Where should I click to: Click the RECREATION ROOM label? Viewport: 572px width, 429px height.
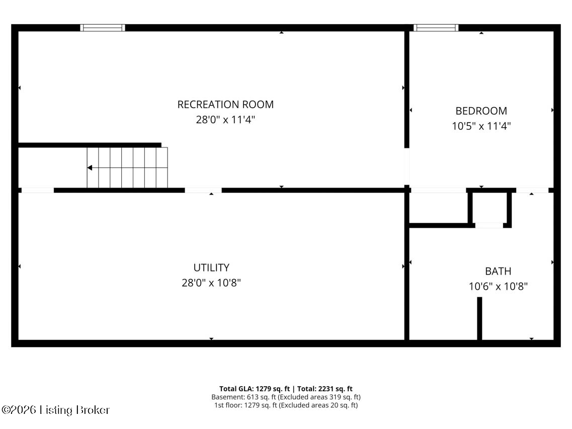[x=225, y=105]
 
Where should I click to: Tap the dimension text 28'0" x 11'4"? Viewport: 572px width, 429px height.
[x=222, y=120]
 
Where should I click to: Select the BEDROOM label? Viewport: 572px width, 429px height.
[x=481, y=111]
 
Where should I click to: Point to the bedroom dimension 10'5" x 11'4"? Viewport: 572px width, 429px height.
[x=481, y=126]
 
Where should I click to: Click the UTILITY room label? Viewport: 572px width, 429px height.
[x=211, y=268]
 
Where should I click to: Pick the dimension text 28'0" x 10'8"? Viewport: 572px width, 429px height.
[x=211, y=283]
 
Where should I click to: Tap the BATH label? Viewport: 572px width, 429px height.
[x=498, y=272]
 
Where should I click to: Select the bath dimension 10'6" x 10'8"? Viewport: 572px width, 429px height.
[x=498, y=287]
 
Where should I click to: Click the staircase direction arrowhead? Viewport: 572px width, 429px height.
[x=90, y=167]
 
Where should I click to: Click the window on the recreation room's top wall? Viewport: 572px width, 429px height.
[x=103, y=28]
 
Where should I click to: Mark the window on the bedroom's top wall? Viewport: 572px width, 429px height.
[x=436, y=28]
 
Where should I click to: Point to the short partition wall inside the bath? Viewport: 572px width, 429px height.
[x=479, y=318]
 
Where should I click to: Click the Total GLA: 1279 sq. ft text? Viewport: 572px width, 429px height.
[x=255, y=389]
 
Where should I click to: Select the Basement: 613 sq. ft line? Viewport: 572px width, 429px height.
[x=286, y=397]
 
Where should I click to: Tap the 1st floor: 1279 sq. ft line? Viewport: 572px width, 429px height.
[x=286, y=405]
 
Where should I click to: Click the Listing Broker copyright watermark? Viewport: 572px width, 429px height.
[x=55, y=410]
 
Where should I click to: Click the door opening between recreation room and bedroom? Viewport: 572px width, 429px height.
[x=406, y=167]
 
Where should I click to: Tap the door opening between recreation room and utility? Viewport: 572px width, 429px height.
[x=203, y=190]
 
